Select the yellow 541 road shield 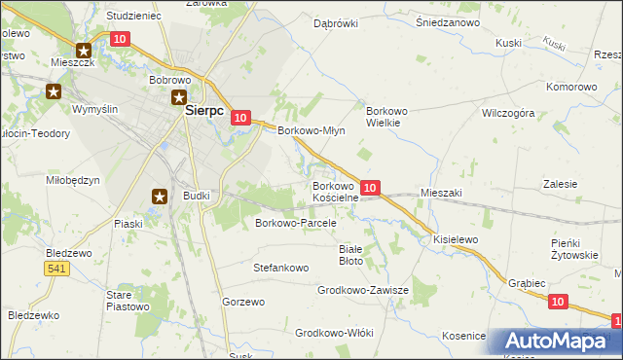pos(59,269)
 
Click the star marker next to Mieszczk pos(84,51)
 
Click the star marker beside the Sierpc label pos(180,96)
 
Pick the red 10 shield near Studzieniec pos(120,39)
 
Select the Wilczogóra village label pos(509,113)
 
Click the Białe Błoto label pos(350,255)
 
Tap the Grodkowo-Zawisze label pos(362,291)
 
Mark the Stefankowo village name pos(280,267)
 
